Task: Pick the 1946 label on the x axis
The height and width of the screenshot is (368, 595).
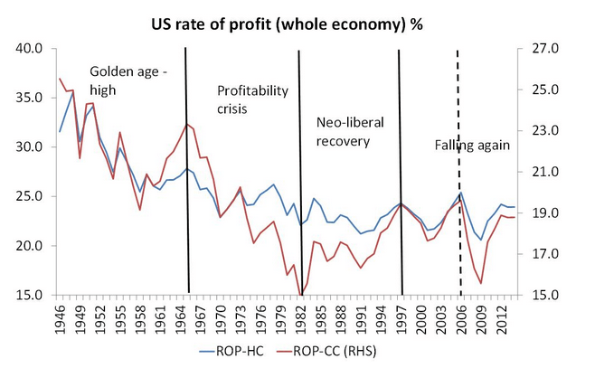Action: (x=61, y=316)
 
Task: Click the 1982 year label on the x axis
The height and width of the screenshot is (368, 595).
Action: (x=301, y=316)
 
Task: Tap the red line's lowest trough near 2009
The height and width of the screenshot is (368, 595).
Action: (x=481, y=283)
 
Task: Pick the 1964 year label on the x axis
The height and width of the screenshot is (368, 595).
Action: (x=181, y=316)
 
